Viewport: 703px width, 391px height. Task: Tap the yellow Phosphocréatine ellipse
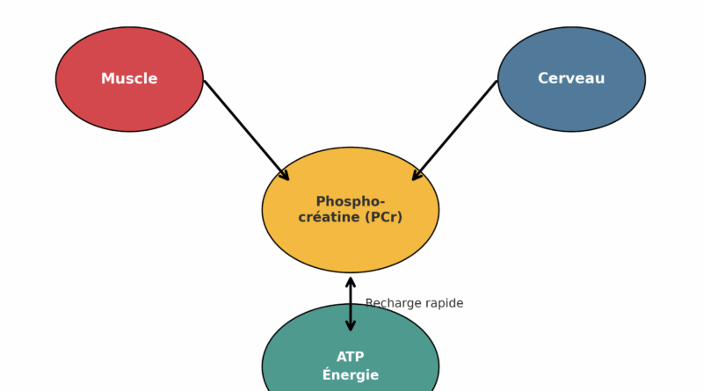pyautogui.click(x=351, y=246)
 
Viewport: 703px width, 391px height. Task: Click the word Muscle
pyautogui.click(x=129, y=79)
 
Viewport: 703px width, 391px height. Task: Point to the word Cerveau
pyautogui.click(x=571, y=79)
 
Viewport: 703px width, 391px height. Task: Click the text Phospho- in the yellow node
pyautogui.click(x=351, y=201)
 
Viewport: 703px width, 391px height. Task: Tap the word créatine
pyautogui.click(x=327, y=217)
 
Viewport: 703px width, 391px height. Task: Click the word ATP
pyautogui.click(x=351, y=357)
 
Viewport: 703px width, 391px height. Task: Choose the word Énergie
pyautogui.click(x=351, y=375)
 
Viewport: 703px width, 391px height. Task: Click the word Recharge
pyautogui.click(x=393, y=303)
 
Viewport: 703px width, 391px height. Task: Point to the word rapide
pyautogui.click(x=444, y=303)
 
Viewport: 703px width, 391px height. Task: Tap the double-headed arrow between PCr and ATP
pyautogui.click(x=351, y=304)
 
